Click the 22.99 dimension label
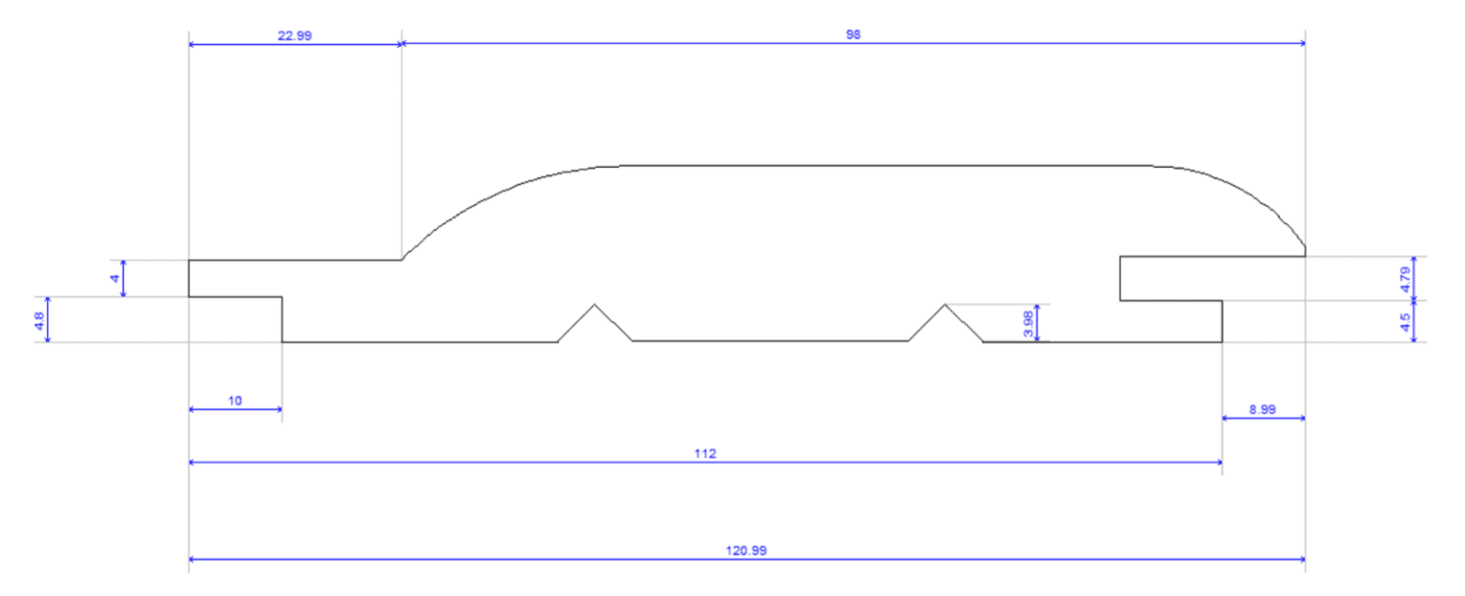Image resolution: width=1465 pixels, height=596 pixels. (x=295, y=35)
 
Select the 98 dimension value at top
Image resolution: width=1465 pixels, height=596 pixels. (x=853, y=35)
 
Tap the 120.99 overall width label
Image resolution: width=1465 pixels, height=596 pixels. (x=746, y=550)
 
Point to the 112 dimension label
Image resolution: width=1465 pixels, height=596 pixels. (x=705, y=453)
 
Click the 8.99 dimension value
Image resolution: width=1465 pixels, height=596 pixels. (x=1263, y=409)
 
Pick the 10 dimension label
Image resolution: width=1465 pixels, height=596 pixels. (x=235, y=401)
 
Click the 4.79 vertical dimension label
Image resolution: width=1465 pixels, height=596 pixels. (x=1404, y=277)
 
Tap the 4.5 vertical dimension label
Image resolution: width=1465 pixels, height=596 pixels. (x=1404, y=321)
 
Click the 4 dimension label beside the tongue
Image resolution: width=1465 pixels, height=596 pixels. (x=114, y=277)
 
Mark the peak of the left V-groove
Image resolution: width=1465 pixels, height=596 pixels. (x=594, y=305)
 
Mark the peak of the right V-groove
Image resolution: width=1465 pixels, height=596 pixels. (x=944, y=305)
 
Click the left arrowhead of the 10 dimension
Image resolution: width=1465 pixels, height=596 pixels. (x=193, y=409)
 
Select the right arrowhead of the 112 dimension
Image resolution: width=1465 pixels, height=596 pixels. (x=1219, y=462)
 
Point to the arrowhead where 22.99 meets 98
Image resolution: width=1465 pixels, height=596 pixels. (x=402, y=44)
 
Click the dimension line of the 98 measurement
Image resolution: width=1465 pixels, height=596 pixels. (x=668, y=44)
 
